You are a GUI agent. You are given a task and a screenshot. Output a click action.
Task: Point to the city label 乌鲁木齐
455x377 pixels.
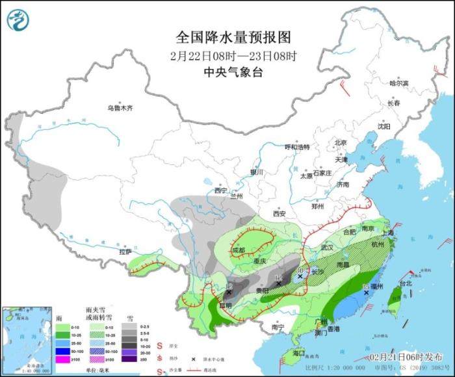pyautogui.click(x=120, y=108)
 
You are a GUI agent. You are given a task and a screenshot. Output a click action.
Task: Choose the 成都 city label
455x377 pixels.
pyautogui.click(x=239, y=250)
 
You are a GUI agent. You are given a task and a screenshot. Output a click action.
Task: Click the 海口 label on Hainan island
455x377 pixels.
pyautogui.click(x=298, y=353)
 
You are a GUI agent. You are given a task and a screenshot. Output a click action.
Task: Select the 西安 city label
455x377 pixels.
pyautogui.click(x=279, y=213)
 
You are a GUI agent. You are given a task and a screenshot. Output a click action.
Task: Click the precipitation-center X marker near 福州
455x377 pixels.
pyautogui.click(x=367, y=293)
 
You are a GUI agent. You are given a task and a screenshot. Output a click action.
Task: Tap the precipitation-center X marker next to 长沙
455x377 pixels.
pyautogui.click(x=300, y=276)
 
